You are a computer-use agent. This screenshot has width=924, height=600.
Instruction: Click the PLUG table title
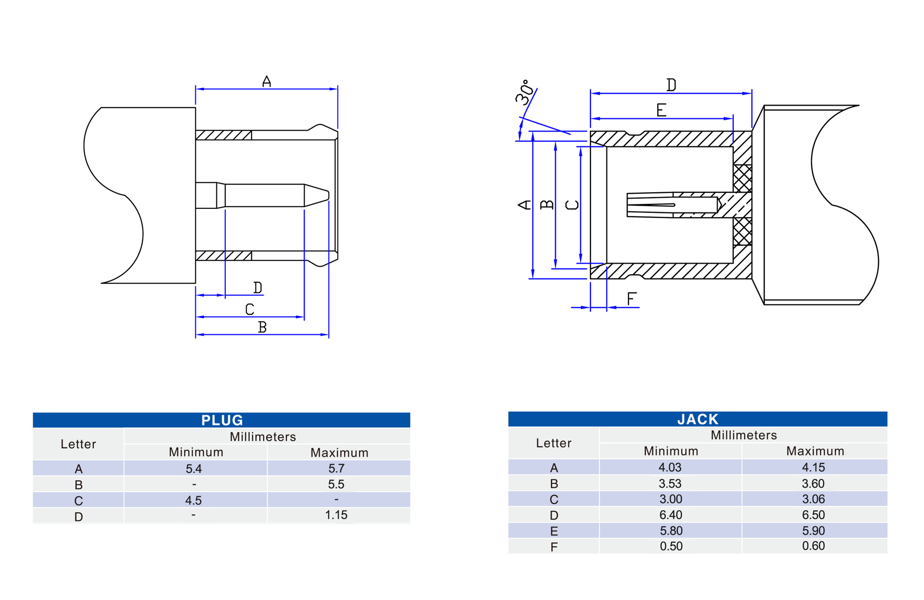pos(222,420)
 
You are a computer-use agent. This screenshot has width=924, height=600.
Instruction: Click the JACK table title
pos(697,419)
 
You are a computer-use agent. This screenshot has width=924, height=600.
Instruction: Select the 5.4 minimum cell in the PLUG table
pos(194,469)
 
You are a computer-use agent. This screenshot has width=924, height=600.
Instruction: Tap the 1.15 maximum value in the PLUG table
pos(336,515)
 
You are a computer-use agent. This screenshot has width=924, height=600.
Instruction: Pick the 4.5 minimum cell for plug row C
pos(194,500)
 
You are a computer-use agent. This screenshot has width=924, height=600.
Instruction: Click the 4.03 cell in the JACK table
pos(670,467)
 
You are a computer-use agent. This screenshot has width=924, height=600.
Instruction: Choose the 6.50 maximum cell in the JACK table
pos(813,515)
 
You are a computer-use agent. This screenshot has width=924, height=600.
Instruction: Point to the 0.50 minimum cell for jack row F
pos(671,546)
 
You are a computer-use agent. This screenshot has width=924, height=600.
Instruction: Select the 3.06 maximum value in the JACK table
pos(813,499)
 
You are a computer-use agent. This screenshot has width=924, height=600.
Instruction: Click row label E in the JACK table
pos(554,531)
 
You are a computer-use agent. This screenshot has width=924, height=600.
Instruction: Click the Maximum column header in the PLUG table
pos(339,453)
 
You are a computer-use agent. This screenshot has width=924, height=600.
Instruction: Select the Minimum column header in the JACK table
pos(671,451)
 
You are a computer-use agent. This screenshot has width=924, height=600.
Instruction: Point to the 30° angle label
pos(525,93)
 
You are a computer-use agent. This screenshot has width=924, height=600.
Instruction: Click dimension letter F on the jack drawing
pos(632,299)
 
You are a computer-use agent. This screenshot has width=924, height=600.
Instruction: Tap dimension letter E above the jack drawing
pos(661,110)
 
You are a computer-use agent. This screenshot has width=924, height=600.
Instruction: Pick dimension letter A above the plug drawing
pos(267,81)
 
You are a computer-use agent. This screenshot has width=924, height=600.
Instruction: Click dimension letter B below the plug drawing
pos(262,327)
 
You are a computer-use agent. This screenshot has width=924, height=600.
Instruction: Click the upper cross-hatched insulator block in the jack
pos(742,178)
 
